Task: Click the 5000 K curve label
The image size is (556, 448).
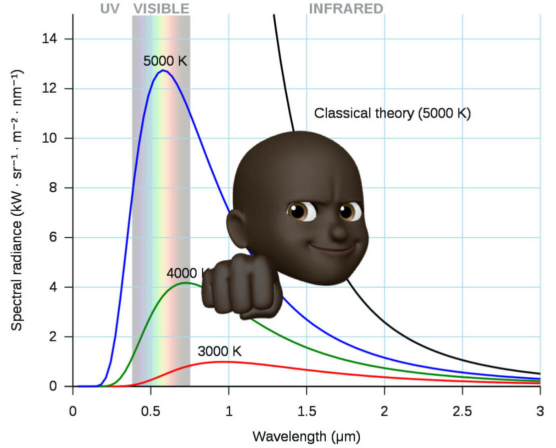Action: click(165, 61)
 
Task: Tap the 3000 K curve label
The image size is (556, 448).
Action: click(220, 351)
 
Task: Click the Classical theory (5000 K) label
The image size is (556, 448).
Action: click(392, 113)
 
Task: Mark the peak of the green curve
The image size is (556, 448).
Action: click(186, 283)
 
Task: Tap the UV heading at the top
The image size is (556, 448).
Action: click(110, 9)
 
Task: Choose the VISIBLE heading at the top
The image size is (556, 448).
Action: click(161, 9)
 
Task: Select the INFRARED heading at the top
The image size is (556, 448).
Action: click(346, 9)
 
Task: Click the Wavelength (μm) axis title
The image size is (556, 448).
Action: click(306, 435)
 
